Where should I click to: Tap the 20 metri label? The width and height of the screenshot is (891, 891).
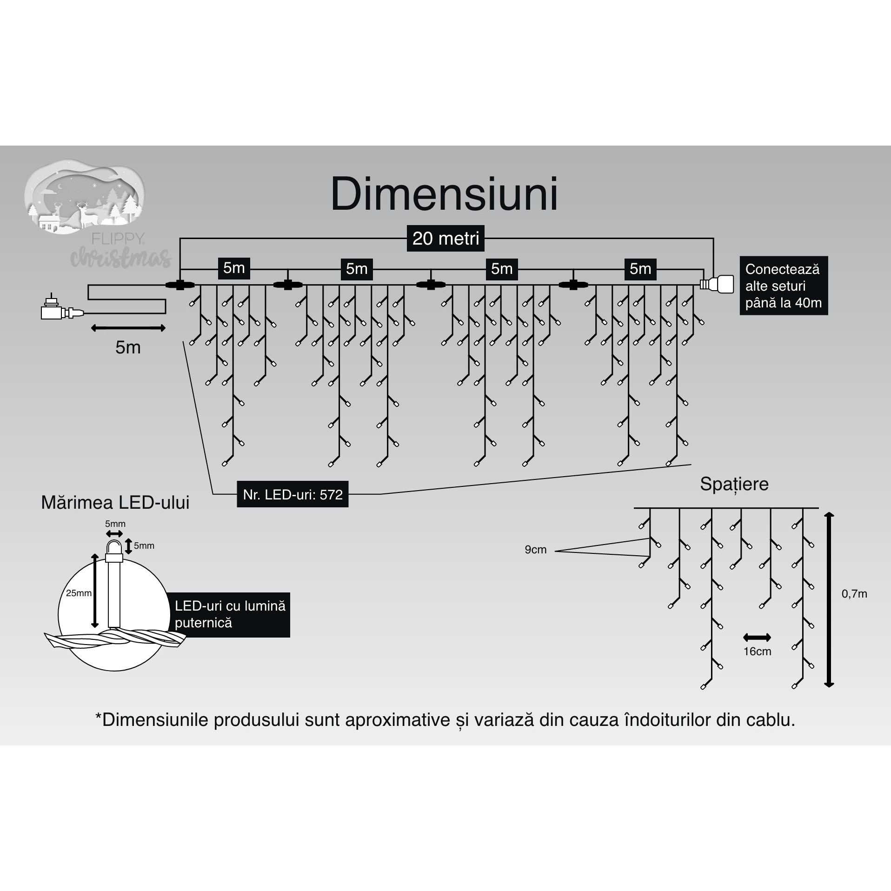pos(445,239)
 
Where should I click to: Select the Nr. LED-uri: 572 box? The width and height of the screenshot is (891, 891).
pos(293,494)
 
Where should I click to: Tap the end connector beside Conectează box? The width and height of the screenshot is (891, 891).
pos(718,284)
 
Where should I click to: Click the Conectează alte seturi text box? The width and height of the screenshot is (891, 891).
pos(783,286)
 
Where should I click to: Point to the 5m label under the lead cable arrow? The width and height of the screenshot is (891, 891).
pos(128,347)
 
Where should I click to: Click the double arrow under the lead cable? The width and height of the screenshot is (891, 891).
pos(128,328)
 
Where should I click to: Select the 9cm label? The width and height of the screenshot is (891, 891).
pos(535,550)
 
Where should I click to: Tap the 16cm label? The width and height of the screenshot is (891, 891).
pos(757,652)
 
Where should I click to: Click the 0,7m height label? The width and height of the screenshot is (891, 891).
pos(854,594)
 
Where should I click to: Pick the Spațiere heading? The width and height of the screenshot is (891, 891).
pos(734,484)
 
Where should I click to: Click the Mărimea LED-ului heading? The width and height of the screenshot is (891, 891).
pos(115,503)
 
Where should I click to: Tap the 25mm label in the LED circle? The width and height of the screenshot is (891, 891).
pos(79,593)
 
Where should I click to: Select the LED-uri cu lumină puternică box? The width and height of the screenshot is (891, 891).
pos(230,614)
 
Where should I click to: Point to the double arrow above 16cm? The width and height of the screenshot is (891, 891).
pos(757,638)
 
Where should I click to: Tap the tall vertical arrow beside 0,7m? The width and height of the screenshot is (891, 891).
pos(829,600)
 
